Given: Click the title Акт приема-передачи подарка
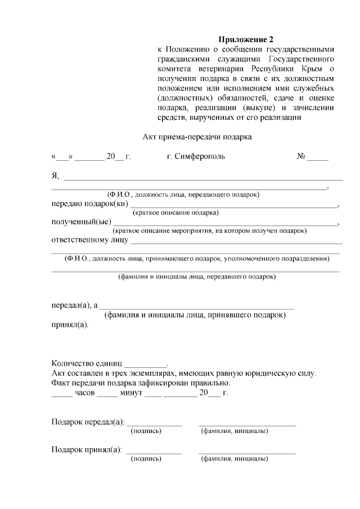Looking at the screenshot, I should [x=195, y=137].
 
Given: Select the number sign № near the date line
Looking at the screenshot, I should [x=301, y=156].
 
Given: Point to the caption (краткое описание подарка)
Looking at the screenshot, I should [x=175, y=213].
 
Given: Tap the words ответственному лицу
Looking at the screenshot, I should [x=89, y=240].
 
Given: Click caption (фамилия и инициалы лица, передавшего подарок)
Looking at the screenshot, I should [x=196, y=277].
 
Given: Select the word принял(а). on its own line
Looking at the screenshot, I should [x=70, y=325].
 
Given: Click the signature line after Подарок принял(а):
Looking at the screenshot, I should [x=155, y=453].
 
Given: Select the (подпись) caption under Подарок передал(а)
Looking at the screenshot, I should [x=146, y=431].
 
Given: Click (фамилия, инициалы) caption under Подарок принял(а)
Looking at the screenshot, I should [x=234, y=459].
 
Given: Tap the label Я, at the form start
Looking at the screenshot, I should [x=55, y=177].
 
